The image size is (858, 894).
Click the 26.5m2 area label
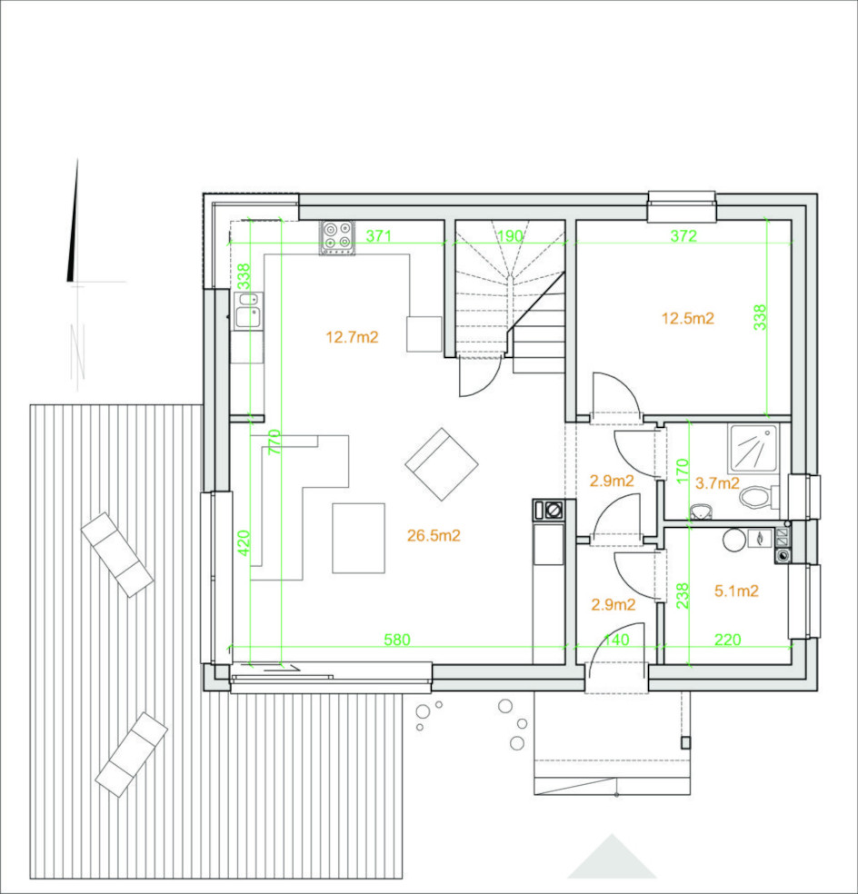coord(434,535)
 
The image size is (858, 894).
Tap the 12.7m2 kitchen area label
coord(352,337)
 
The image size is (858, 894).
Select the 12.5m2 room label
coord(688,318)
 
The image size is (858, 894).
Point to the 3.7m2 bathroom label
coord(717,483)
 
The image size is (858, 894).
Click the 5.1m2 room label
coord(736,591)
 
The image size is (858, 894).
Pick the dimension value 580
coord(397,640)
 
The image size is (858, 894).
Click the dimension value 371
coord(378,235)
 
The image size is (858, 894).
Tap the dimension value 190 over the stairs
coord(510,235)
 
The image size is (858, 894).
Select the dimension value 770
coord(274,442)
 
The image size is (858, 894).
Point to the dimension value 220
coord(728,640)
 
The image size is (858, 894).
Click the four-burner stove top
coord(336,237)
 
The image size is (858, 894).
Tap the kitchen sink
coord(248,311)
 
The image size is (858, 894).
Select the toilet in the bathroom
coord(759,497)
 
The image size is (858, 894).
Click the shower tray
coord(753,448)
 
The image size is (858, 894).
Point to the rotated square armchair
coord(442,464)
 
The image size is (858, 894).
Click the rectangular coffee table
coord(359,538)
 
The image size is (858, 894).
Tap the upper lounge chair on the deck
coord(117,555)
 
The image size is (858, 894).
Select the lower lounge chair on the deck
coord(131,754)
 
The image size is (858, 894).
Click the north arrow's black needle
coord(73,223)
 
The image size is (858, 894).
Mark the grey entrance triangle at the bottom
coord(612,857)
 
